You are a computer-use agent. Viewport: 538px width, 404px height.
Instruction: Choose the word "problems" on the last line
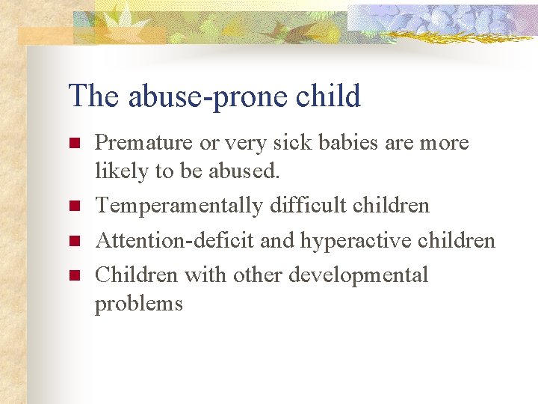(x=138, y=304)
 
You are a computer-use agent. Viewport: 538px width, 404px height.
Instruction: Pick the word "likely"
(x=121, y=171)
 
